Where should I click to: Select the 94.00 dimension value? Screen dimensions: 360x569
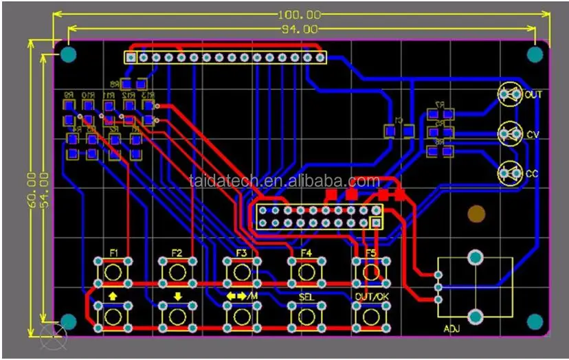pos(300,30)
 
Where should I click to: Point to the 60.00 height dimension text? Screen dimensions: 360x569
pos(31,188)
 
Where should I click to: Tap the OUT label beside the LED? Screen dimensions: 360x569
pos(533,95)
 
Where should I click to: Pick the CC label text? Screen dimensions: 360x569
pos(532,174)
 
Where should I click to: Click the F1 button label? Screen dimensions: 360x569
pos(114,253)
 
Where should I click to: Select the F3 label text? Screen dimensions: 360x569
pos(241,253)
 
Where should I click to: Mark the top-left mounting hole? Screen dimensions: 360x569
pos(69,54)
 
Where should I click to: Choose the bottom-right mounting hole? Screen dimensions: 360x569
pos(535,321)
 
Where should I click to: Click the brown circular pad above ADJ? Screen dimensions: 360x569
pos(475,214)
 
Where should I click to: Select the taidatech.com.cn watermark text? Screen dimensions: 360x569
pos(284,181)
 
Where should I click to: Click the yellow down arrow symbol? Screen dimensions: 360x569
pos(177,296)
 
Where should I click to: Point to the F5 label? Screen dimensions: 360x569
pos(371,253)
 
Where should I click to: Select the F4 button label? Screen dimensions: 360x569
pos(306,253)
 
